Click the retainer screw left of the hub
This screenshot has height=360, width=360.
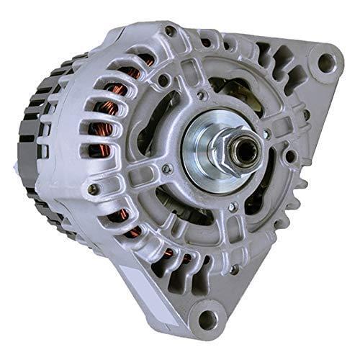tap(167, 168)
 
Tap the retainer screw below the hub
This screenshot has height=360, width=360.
tap(232, 209)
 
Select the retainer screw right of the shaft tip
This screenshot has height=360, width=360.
tap(267, 134)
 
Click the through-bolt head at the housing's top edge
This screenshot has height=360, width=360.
tap(171, 31)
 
